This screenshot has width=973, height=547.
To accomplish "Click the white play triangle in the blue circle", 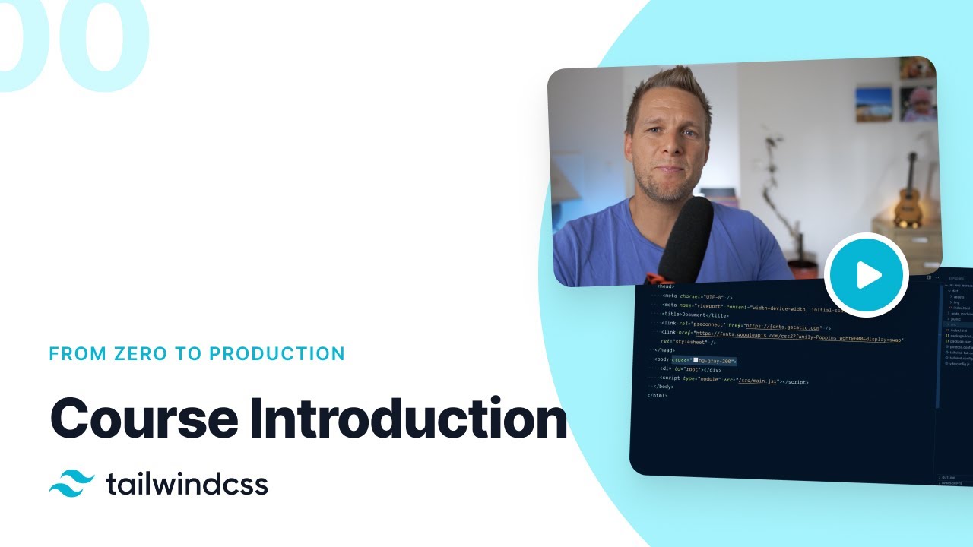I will tap(868, 275).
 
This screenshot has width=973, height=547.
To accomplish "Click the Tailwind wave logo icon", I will tap(71, 484).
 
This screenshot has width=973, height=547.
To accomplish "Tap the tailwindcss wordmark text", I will tap(187, 484).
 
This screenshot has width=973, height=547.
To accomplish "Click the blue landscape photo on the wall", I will tap(873, 104).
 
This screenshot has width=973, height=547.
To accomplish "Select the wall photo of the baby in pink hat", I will tap(918, 103).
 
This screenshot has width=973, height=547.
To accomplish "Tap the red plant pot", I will tap(803, 270).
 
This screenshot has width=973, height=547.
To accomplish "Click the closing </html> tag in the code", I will tap(657, 395).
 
